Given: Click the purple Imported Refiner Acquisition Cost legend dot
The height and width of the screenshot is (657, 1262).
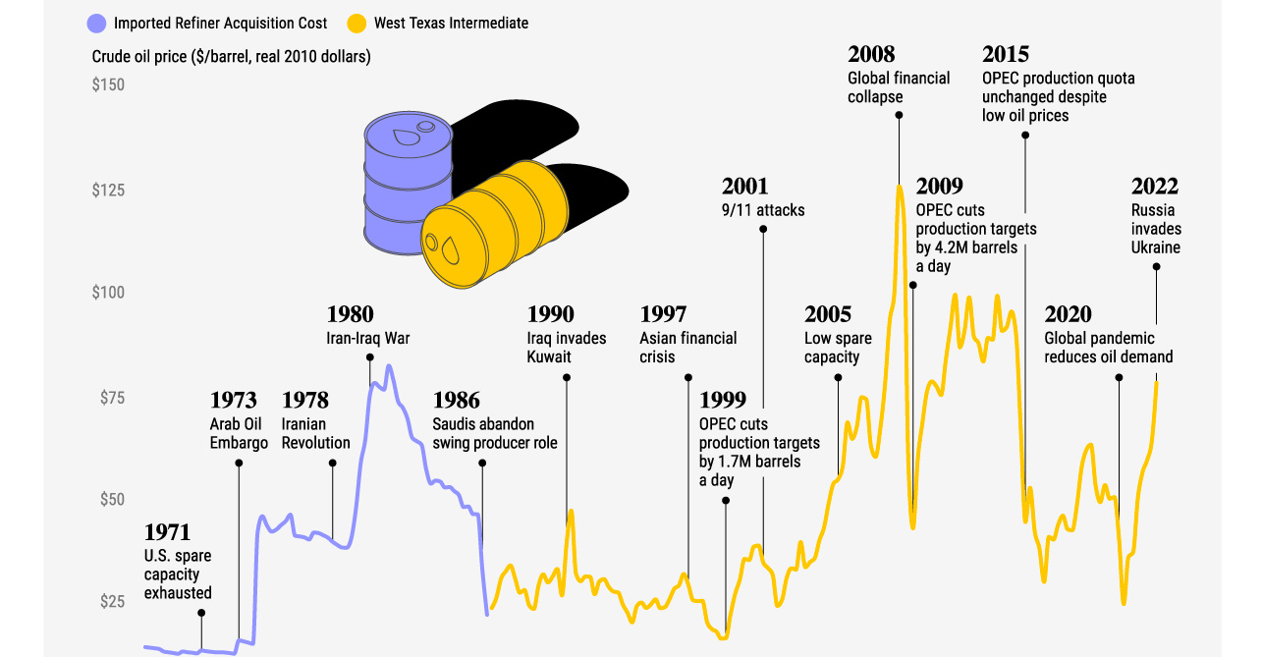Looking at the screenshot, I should [96, 23].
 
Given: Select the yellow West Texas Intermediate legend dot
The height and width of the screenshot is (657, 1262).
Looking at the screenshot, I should [357, 23].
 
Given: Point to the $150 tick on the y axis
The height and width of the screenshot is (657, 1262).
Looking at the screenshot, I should [108, 85].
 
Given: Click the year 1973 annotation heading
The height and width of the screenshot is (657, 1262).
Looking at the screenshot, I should [233, 401].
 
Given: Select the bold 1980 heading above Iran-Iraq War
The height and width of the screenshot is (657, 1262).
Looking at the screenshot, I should [350, 315].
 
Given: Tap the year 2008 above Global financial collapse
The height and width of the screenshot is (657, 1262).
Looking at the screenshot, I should [871, 55].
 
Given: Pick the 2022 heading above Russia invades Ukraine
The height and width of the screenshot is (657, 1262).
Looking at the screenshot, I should [1154, 187].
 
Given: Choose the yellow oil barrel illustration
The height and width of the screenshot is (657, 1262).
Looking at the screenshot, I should [496, 228].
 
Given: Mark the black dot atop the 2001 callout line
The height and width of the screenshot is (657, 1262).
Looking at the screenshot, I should [763, 229].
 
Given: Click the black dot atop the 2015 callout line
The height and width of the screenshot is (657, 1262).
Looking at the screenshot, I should [1025, 136].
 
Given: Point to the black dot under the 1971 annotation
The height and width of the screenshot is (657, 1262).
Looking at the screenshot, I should [201, 613].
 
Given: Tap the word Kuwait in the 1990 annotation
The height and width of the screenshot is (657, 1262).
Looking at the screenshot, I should [549, 356].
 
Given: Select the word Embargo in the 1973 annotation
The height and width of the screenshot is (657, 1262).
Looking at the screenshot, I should [239, 443].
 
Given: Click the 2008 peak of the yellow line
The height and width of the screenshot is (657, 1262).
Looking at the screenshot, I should [899, 186].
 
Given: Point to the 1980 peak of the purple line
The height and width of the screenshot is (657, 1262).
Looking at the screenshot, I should [389, 366].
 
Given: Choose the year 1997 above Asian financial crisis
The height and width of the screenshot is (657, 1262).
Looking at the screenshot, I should [663, 315].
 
